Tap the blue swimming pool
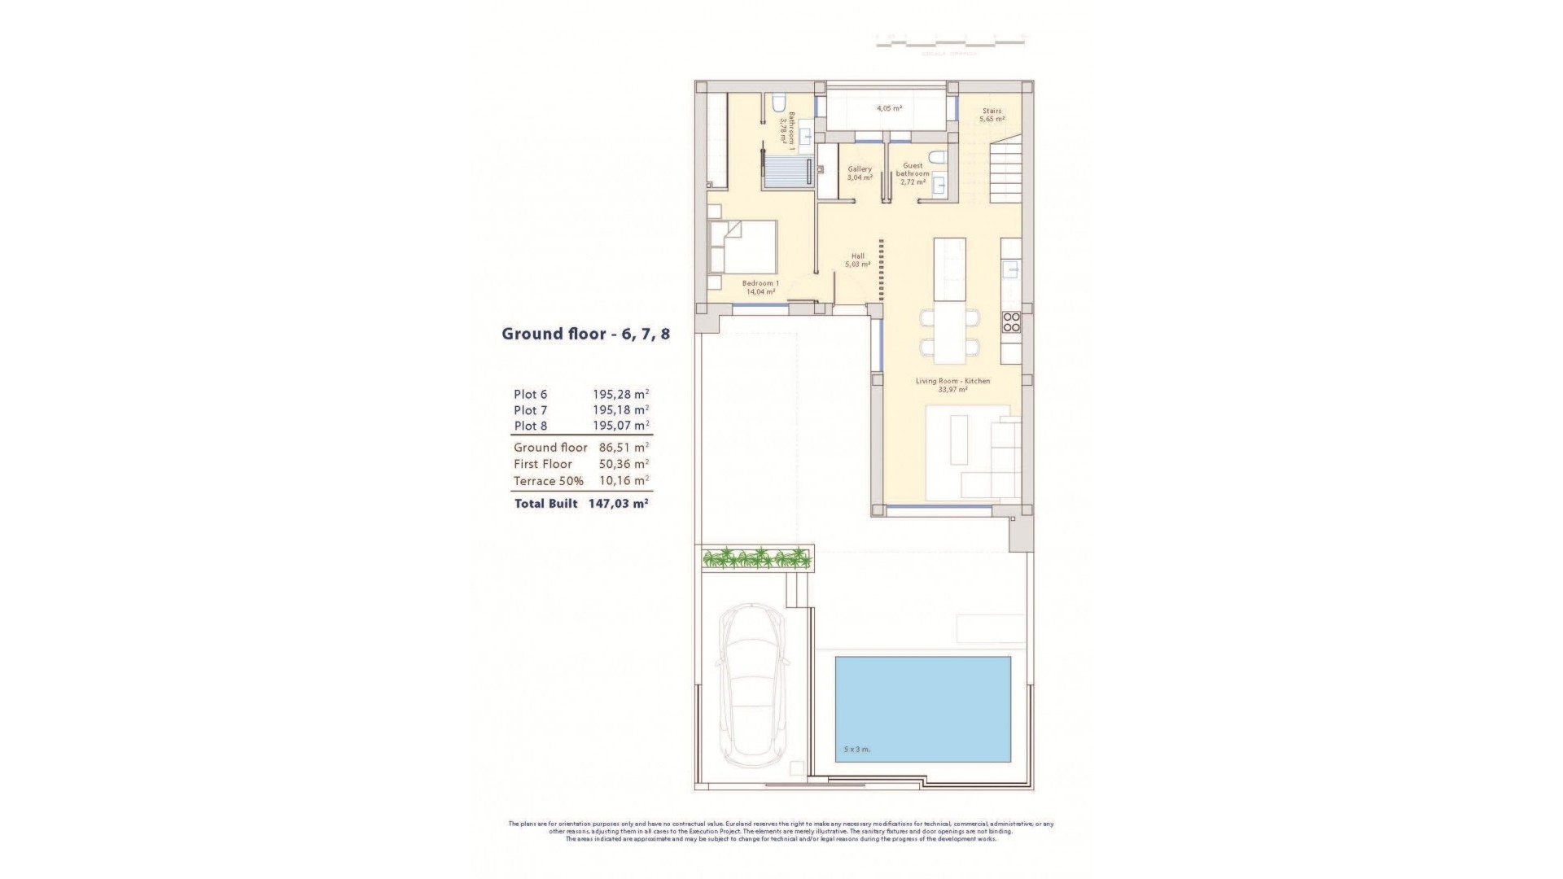922,709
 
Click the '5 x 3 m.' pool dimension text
857,749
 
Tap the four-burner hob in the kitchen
1011,321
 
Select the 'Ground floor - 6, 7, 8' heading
585,334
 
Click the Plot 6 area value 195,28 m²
620,395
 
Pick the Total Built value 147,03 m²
618,504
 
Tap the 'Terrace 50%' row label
548,481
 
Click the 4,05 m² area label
889,108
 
